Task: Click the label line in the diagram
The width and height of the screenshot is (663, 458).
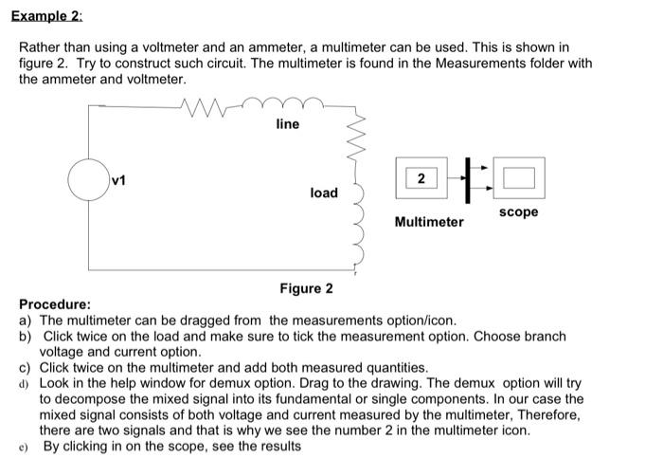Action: (287, 124)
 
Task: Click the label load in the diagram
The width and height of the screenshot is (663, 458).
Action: (324, 192)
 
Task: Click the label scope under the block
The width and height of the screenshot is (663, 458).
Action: (518, 211)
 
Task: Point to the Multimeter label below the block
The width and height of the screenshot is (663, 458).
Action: (429, 222)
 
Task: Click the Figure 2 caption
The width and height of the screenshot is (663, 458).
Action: (306, 288)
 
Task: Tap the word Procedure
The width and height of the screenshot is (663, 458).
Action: (55, 304)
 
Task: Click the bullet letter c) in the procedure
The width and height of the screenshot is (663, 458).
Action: (25, 367)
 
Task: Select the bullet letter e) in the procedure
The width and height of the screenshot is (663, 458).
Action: (25, 445)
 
